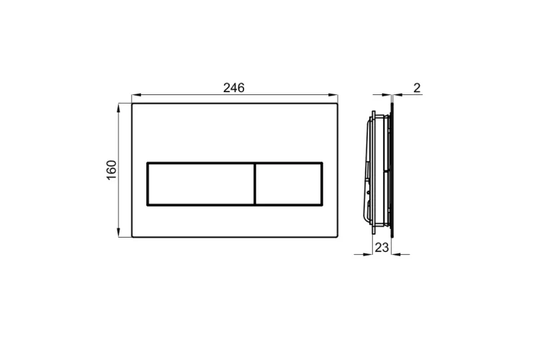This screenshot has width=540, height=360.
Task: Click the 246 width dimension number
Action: pyautogui.click(x=234, y=88)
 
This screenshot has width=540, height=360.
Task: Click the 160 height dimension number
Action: pyautogui.click(x=112, y=170)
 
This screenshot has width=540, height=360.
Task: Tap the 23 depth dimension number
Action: pyautogui.click(x=382, y=248)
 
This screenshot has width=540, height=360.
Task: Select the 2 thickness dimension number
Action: pyautogui.click(x=417, y=88)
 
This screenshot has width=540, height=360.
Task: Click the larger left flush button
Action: pyautogui.click(x=202, y=184)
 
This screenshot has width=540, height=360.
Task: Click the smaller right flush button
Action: pyautogui.click(x=289, y=184)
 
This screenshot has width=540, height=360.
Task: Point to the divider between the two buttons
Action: pyautogui.click(x=255, y=184)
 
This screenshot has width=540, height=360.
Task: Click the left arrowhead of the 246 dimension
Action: pyautogui.click(x=136, y=94)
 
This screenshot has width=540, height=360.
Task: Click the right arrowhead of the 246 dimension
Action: pyautogui.click(x=333, y=94)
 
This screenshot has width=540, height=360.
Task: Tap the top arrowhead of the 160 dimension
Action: pyautogui.click(x=119, y=108)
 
